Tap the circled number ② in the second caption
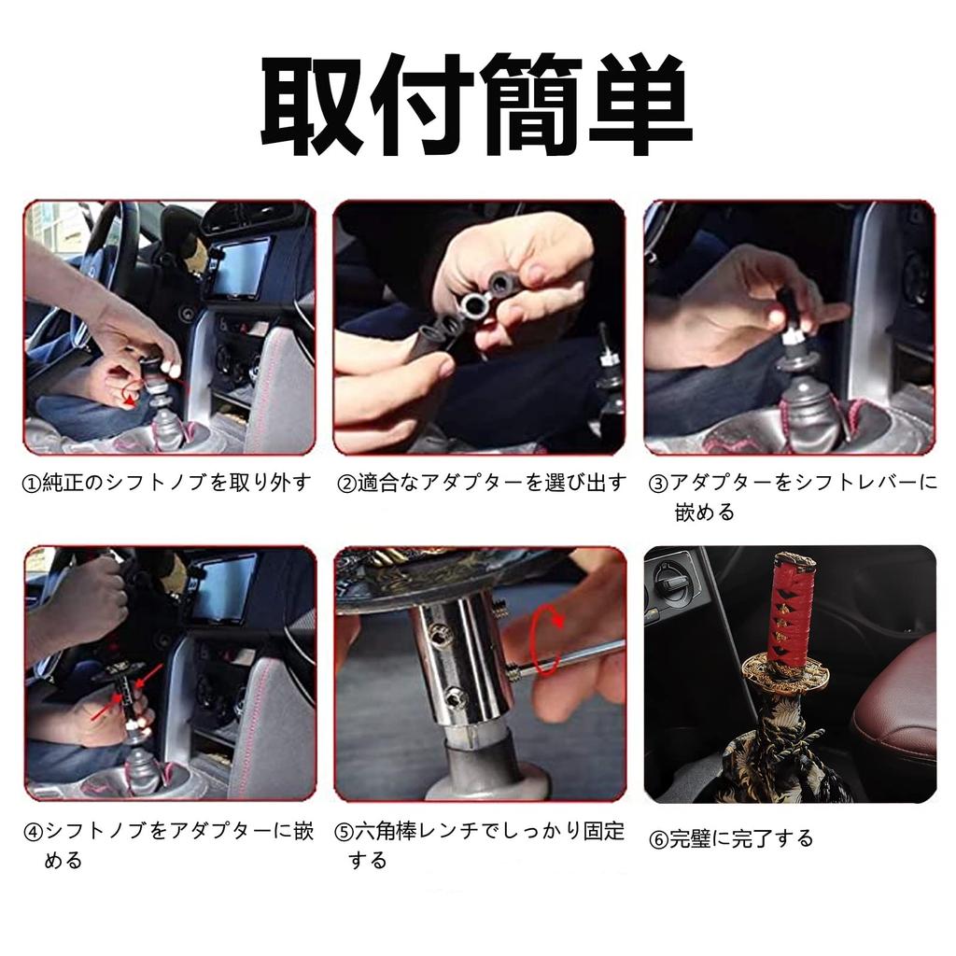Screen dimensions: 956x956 345,484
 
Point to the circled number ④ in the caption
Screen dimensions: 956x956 33,832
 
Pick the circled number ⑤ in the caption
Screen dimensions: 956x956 344,832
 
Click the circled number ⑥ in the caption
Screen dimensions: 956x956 657,839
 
